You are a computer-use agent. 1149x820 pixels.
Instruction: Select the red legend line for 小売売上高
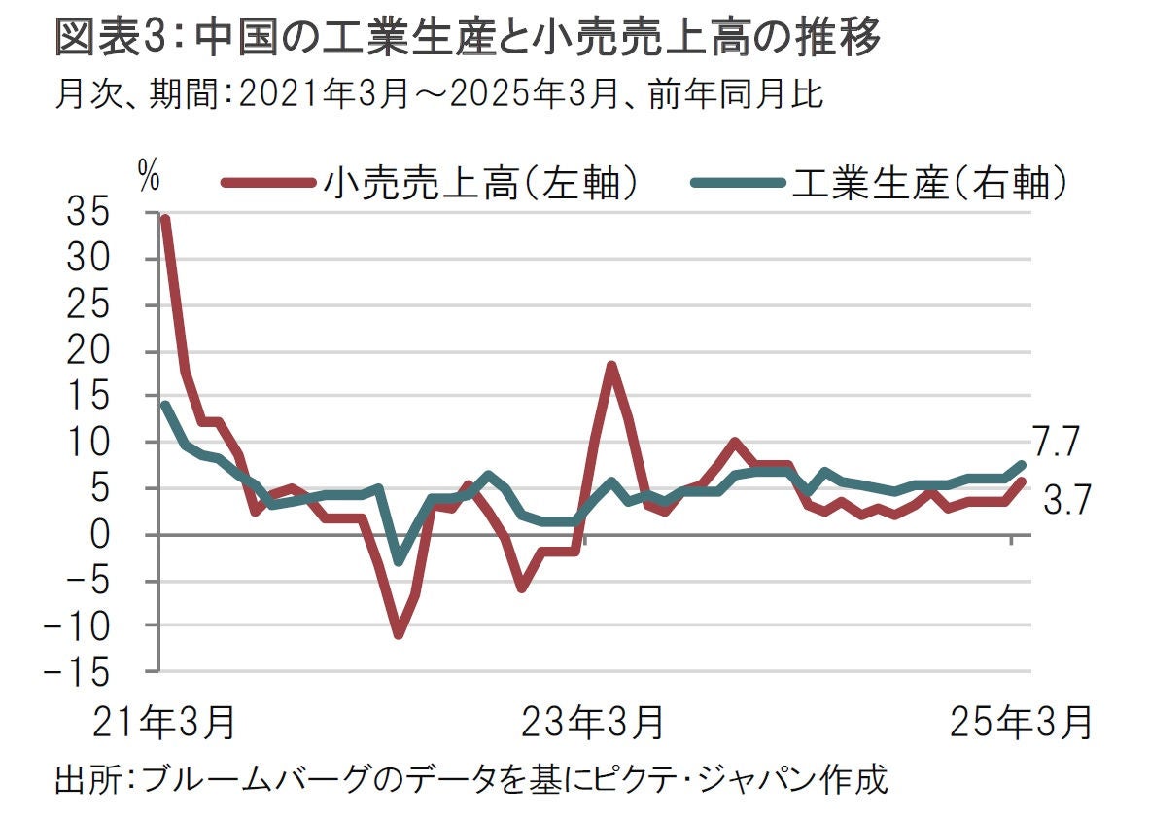pos(268,182)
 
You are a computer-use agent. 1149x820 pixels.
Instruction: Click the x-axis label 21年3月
pos(164,723)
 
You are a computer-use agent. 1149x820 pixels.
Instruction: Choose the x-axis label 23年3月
pos(594,723)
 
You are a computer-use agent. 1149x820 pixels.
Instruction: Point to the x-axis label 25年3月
pos(1021,723)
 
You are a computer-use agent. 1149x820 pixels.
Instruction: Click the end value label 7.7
pos(1057,444)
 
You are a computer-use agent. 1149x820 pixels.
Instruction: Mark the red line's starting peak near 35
pos(165,220)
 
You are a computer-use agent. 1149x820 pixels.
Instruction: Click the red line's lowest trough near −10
pos(398,634)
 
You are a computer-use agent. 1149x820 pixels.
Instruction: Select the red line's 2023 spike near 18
pos(611,366)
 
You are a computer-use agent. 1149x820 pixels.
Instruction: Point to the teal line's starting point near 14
pos(165,406)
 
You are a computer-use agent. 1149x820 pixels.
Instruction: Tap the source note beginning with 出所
pos(472,780)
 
